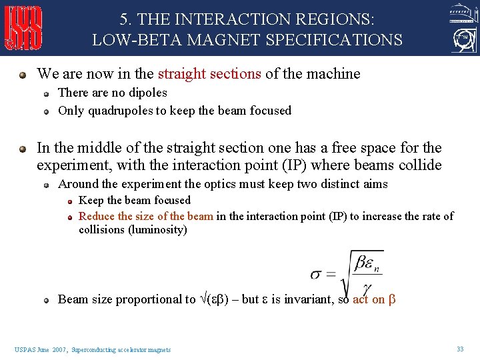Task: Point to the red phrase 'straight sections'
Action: pos(209,74)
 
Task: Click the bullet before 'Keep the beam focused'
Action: pos(69,200)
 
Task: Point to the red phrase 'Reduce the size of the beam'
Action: pos(146,216)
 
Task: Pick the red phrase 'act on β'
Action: pos(374,299)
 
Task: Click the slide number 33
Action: pos(460,349)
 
